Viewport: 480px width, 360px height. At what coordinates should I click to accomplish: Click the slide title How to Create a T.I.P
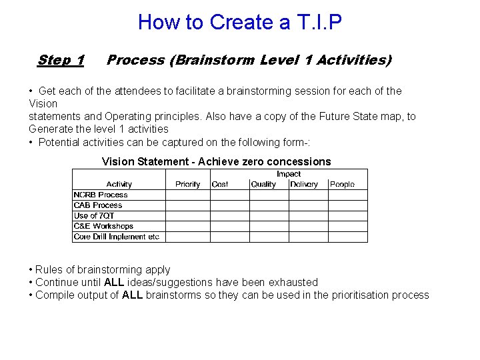click(x=239, y=22)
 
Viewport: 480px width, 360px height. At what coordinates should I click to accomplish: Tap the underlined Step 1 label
click(x=61, y=60)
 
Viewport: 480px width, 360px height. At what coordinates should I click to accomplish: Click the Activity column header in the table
click(x=119, y=184)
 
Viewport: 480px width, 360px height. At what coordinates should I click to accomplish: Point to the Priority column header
click(x=187, y=184)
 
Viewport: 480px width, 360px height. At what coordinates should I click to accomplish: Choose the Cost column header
click(x=220, y=184)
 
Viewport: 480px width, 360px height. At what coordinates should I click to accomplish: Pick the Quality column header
click(x=263, y=184)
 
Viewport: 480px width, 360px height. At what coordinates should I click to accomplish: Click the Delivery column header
click(x=304, y=184)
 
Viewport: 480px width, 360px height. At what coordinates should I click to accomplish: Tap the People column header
click(x=342, y=184)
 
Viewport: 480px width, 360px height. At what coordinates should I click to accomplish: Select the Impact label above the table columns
click(x=289, y=174)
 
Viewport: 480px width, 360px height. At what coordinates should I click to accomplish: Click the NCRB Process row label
click(x=101, y=195)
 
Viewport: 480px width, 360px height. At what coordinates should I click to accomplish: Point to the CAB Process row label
click(x=98, y=205)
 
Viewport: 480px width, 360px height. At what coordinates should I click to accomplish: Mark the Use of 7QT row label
click(x=94, y=215)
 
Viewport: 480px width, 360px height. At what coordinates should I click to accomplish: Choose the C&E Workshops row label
click(x=103, y=226)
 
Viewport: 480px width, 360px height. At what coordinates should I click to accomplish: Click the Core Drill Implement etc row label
click(x=117, y=237)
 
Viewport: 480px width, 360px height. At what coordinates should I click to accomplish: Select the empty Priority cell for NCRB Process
click(x=187, y=195)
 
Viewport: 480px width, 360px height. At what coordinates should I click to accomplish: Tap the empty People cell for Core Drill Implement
click(x=347, y=237)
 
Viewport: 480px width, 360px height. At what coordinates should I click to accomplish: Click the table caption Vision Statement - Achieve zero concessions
click(x=216, y=161)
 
